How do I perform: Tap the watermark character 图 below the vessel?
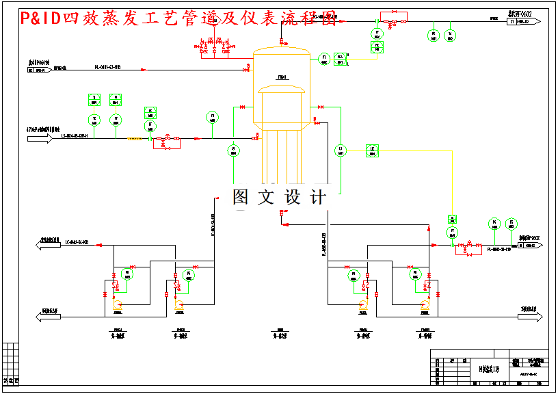point(242,197)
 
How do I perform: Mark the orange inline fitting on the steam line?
point(134,139)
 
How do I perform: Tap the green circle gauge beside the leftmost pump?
point(127,274)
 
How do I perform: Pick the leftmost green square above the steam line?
point(94,100)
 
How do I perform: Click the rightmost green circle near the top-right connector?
point(450,34)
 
